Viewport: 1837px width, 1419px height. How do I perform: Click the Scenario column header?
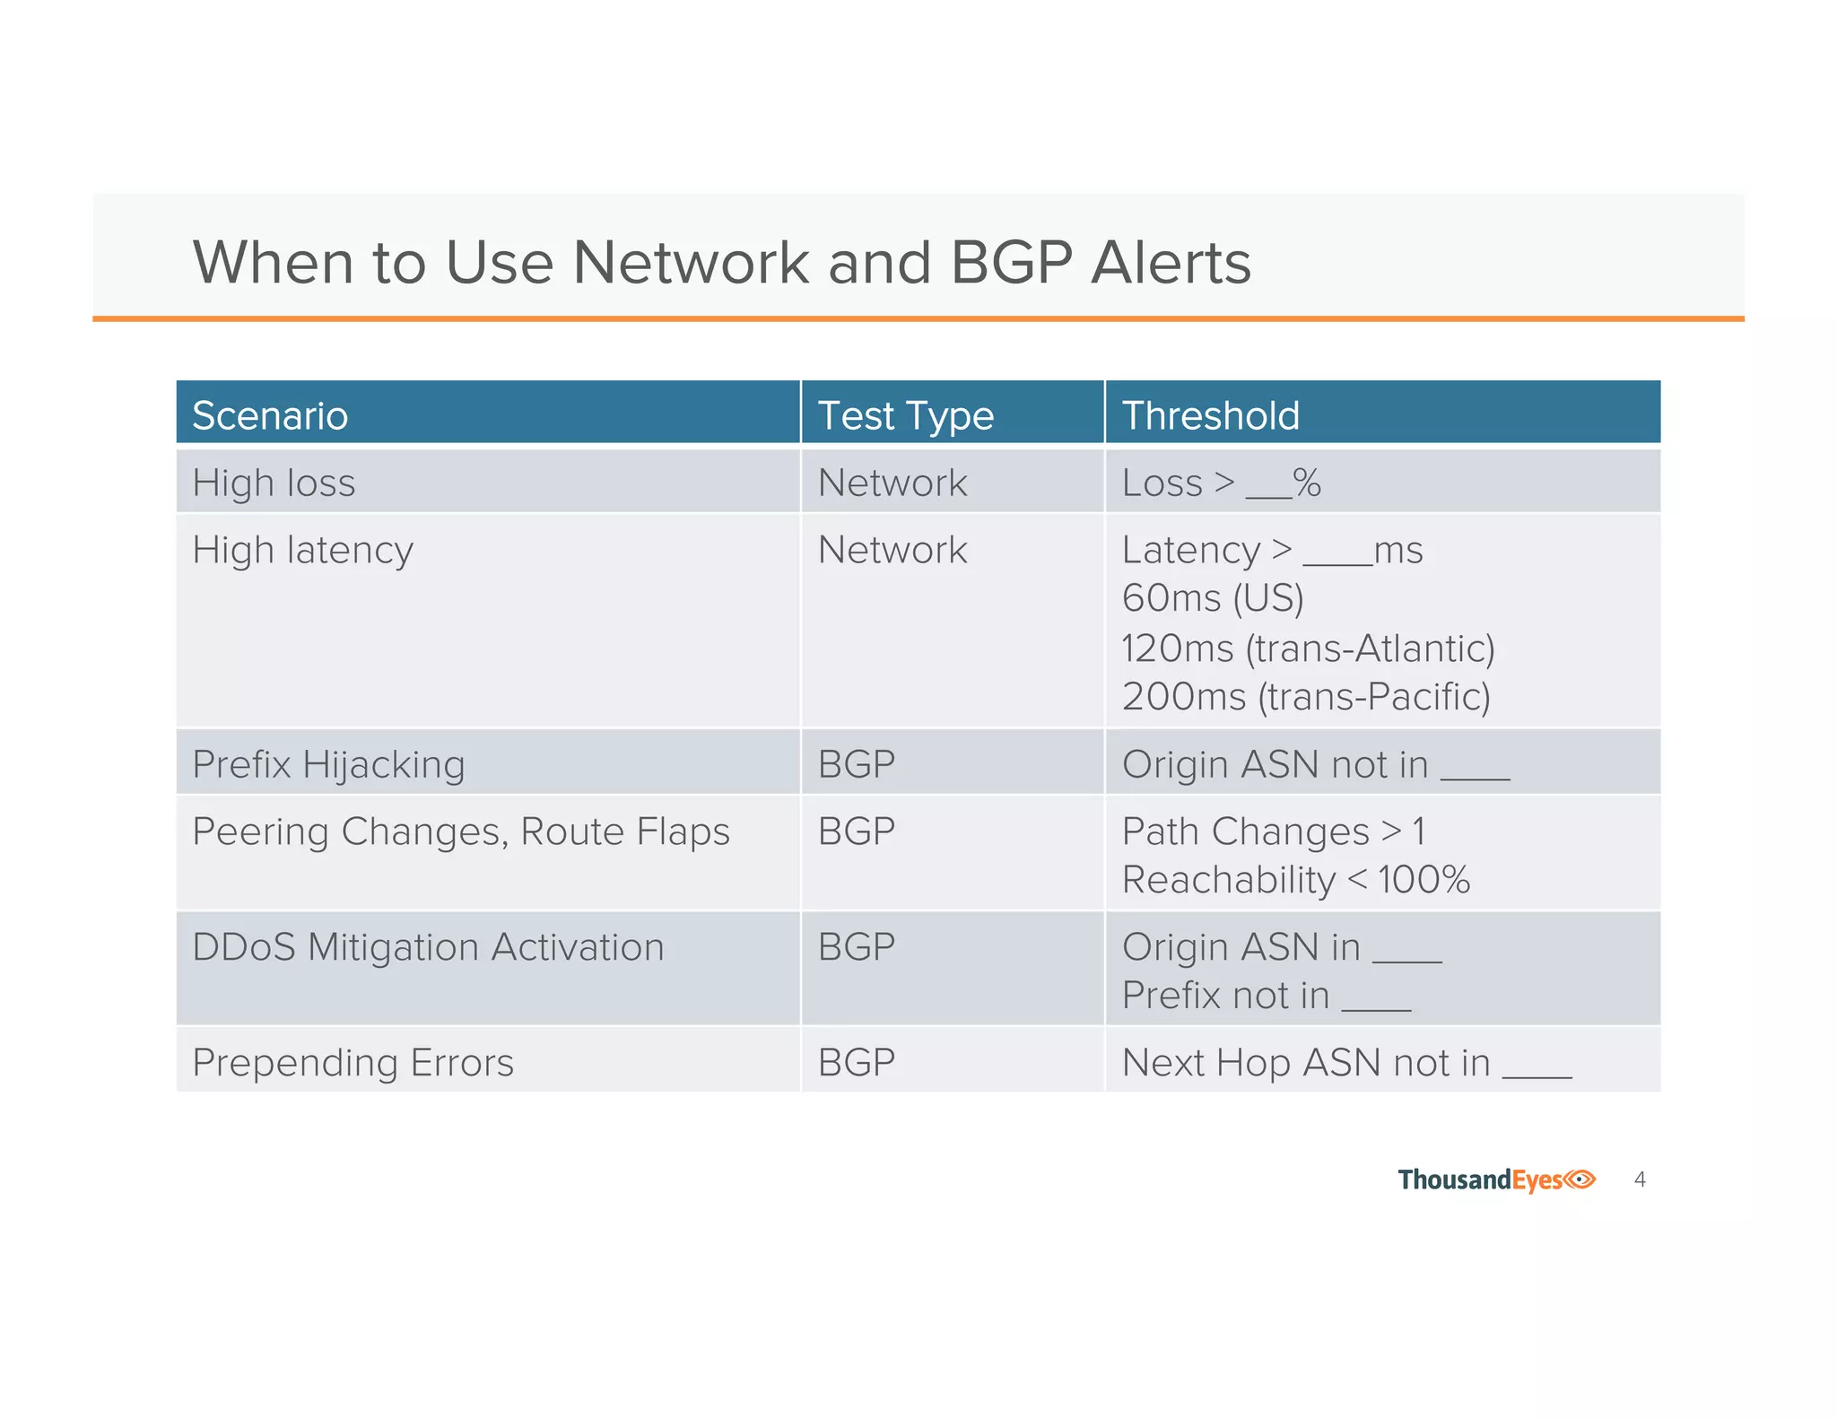pyautogui.click(x=270, y=416)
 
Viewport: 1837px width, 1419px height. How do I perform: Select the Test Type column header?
pyautogui.click(x=905, y=416)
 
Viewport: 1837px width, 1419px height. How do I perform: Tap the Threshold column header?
pyautogui.click(x=1210, y=416)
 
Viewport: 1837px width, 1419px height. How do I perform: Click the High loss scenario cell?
pyautogui.click(x=274, y=483)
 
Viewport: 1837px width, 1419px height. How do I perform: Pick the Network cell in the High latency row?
pyautogui.click(x=892, y=550)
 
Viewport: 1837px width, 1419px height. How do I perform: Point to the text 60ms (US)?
pyautogui.click(x=1213, y=598)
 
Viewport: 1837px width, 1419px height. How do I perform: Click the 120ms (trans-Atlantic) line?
pyautogui.click(x=1308, y=649)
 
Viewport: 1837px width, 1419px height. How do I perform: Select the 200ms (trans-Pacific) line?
pyautogui.click(x=1306, y=697)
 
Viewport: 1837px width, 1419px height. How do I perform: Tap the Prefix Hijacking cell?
pyautogui.click(x=328, y=765)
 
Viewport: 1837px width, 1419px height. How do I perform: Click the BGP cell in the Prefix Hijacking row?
pyautogui.click(x=857, y=765)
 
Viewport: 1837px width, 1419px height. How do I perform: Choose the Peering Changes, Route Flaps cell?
pyautogui.click(x=461, y=831)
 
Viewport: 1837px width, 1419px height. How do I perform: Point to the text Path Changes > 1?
pyautogui.click(x=1273, y=831)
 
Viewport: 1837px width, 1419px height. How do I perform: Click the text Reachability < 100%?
pyautogui.click(x=1295, y=880)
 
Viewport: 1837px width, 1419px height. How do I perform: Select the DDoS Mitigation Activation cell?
pyautogui.click(x=428, y=947)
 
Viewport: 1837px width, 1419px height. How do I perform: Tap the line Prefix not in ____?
pyautogui.click(x=1266, y=996)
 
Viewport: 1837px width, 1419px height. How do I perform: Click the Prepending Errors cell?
pyautogui.click(x=353, y=1063)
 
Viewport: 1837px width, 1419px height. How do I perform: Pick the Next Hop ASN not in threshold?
pyautogui.click(x=1345, y=1063)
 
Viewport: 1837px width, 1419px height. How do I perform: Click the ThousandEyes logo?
pyautogui.click(x=1496, y=1180)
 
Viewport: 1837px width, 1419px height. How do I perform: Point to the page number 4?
pyautogui.click(x=1640, y=1180)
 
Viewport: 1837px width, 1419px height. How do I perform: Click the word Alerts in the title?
pyautogui.click(x=1171, y=263)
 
